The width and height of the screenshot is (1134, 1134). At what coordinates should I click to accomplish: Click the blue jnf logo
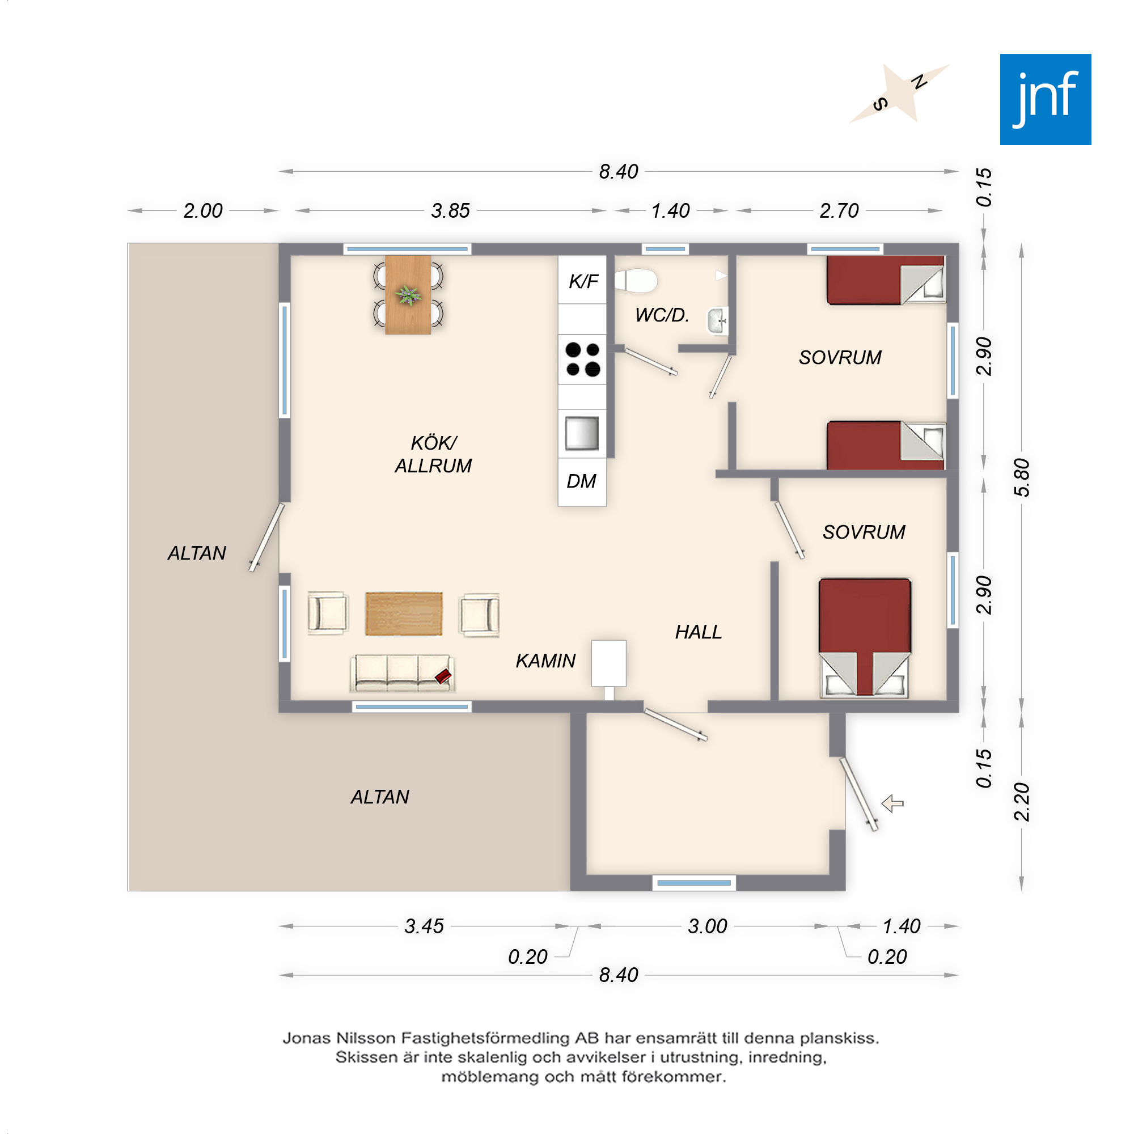(1046, 99)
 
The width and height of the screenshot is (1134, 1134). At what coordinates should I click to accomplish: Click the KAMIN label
(545, 661)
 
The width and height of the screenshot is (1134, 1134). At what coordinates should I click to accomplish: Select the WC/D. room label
(662, 315)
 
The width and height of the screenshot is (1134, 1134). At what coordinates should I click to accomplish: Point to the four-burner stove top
(582, 359)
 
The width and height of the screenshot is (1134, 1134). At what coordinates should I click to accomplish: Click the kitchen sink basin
(582, 433)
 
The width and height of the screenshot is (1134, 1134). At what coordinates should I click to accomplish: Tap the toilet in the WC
(636, 280)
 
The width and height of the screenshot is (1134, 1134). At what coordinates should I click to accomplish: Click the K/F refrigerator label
(583, 282)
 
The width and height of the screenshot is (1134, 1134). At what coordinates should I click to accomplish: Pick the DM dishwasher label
(581, 481)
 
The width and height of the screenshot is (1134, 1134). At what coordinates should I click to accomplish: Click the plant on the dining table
(408, 295)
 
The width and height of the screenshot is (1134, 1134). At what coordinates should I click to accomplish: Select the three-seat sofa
(403, 672)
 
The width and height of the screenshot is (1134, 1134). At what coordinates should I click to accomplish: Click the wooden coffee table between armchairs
(404, 614)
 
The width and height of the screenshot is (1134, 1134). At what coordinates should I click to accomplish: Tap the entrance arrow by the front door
(893, 803)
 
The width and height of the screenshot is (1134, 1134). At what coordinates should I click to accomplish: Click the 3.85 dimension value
(450, 211)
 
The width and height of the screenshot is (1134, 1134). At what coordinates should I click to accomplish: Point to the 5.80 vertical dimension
(1022, 477)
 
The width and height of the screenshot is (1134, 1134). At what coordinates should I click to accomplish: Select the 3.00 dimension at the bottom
(707, 926)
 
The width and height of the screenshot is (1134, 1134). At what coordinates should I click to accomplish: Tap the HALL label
(699, 632)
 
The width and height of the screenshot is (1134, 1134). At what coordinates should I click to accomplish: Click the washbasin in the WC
(718, 321)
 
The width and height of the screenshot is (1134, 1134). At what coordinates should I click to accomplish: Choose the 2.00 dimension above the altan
(202, 211)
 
